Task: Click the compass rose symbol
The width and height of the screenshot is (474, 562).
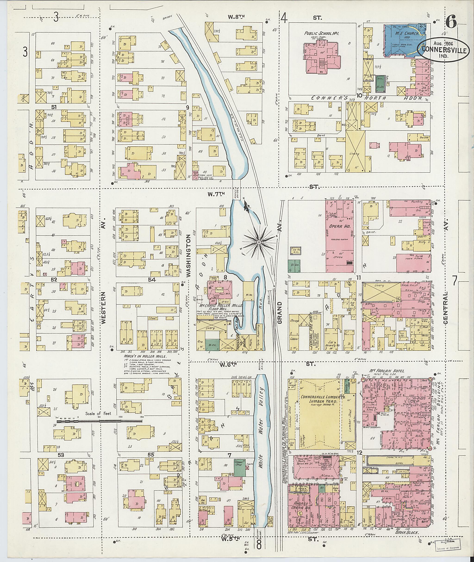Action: pyautogui.click(x=259, y=242)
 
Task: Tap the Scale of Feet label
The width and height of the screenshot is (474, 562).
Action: pyautogui.click(x=98, y=414)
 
